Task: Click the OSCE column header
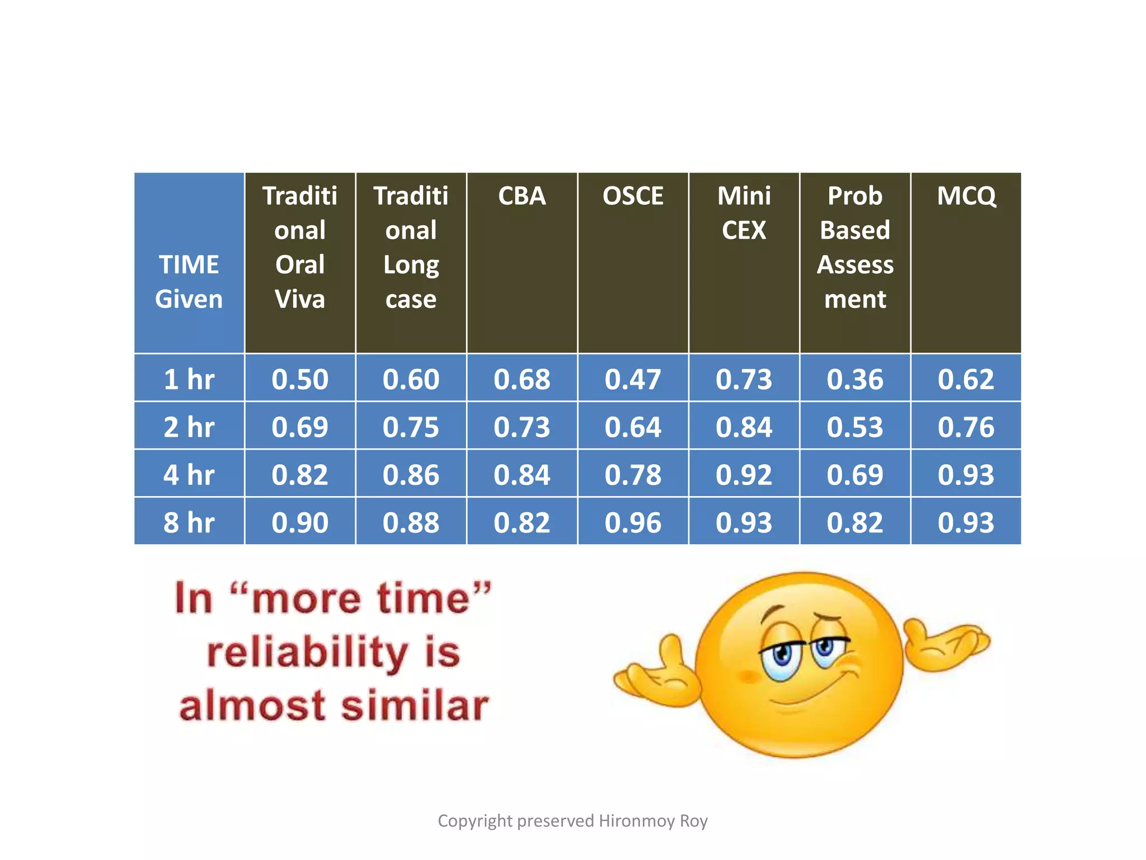633,196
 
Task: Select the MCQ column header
966,196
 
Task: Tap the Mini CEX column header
744,213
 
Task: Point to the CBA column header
522,196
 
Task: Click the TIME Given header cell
189,282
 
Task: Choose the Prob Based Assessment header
855,247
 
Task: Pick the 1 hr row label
189,379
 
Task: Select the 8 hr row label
189,522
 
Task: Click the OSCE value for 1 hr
633,379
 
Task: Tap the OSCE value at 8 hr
633,522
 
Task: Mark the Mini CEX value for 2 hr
744,427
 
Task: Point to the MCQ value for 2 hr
966,427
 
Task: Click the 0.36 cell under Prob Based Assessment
855,379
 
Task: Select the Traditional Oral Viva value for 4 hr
300,475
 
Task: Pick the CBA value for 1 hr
522,379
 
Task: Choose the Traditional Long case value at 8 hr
411,522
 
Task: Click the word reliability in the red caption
307,652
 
